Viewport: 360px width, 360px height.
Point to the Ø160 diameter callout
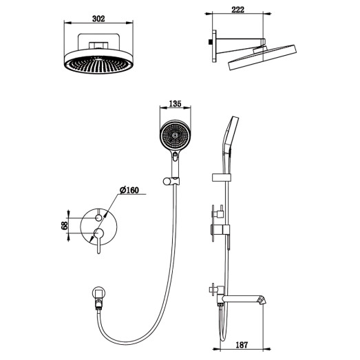tap(129, 191)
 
